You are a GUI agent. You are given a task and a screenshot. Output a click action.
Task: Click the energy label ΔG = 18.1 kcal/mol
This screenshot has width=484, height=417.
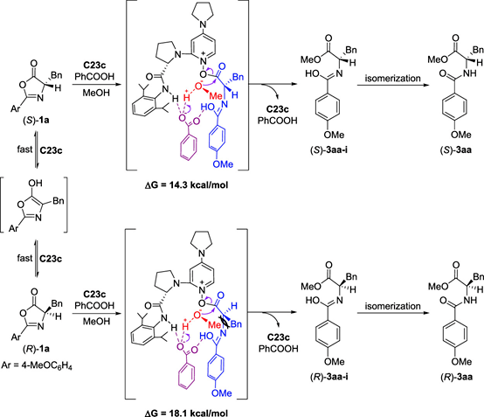[187, 413]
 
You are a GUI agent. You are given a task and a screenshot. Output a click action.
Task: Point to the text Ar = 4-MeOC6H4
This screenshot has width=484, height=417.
[37, 366]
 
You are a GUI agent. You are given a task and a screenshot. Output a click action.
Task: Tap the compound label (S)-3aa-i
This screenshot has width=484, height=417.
[329, 150]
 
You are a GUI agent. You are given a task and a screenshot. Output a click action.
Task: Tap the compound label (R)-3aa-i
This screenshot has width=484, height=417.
[329, 377]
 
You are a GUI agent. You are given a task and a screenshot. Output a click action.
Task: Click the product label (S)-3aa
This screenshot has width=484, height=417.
[456, 150]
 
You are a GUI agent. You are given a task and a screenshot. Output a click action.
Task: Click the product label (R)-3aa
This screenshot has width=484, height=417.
[457, 377]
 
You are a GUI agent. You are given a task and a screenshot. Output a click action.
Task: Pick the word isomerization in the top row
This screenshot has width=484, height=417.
[392, 78]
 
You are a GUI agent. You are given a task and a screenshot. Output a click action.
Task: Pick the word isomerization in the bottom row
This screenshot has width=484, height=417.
[392, 306]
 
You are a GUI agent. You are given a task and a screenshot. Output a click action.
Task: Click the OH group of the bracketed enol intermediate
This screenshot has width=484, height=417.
[35, 184]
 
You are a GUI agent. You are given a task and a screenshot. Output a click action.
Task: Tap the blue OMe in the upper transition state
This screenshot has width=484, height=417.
[223, 164]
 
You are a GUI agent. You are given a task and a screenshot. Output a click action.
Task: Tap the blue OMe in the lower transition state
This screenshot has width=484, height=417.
[222, 393]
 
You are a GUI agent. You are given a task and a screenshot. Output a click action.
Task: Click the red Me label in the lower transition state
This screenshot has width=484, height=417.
[214, 324]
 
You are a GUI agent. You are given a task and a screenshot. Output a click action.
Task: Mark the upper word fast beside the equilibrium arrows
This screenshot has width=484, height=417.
[24, 149]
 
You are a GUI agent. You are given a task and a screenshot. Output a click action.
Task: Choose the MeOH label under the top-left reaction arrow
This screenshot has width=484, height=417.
[96, 93]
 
